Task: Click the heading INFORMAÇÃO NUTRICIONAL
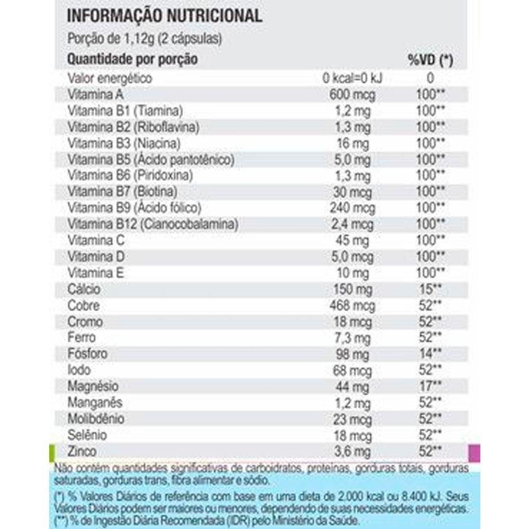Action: coord(164,15)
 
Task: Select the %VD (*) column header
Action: coord(430,60)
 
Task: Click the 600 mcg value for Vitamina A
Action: coord(353,95)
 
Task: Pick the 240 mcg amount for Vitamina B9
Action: coord(353,208)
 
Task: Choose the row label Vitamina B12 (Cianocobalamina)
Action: coord(153,224)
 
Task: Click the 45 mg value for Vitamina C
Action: coord(353,241)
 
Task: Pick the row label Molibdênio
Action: coord(96,419)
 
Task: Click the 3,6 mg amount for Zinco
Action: coord(353,452)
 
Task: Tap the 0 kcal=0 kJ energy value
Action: coord(353,78)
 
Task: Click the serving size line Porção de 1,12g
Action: coord(144,39)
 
